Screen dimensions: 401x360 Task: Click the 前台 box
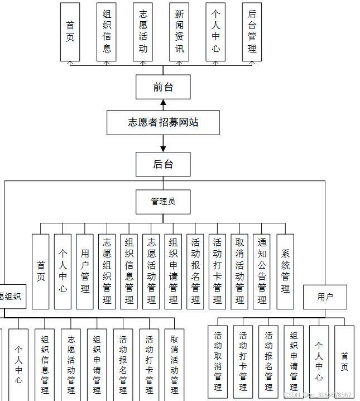tap(163, 87)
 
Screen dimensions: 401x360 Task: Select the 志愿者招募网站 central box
tap(163, 122)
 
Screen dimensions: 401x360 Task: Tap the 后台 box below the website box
tap(163, 164)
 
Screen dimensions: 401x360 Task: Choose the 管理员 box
tap(163, 202)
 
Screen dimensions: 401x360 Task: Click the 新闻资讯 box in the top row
tap(179, 32)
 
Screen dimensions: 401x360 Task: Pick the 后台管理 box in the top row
tap(252, 32)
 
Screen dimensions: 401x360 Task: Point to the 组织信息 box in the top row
tap(107, 32)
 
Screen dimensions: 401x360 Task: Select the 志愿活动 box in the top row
tap(143, 32)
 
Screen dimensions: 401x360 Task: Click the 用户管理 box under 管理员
tap(85, 271)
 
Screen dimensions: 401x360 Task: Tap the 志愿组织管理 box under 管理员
tap(107, 271)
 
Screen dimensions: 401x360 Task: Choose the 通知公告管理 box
tap(261, 271)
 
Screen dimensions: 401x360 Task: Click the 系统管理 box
tap(285, 271)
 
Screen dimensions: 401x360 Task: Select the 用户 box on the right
tap(325, 297)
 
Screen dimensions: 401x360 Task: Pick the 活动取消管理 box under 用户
tap(218, 361)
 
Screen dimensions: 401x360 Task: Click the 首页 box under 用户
tap(344, 361)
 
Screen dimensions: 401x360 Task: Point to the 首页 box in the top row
tap(70, 32)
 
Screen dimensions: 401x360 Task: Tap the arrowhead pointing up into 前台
tap(163, 103)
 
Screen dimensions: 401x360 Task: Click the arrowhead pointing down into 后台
tap(163, 149)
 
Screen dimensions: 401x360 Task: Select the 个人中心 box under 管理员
tap(63, 271)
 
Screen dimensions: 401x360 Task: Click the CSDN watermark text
tap(318, 395)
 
